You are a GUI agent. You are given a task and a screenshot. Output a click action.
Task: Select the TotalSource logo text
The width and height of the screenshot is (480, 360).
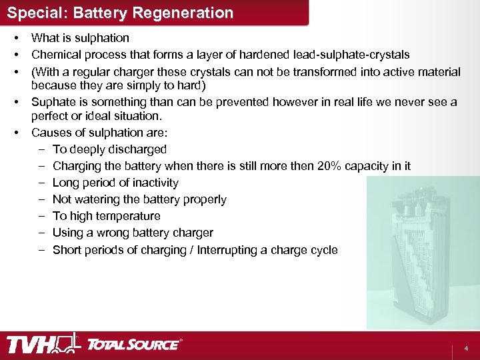click(x=133, y=345)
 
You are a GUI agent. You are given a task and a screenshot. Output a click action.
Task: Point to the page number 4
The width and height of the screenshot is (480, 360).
click(x=466, y=349)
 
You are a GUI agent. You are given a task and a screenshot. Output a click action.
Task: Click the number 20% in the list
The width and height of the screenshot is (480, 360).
click(x=332, y=166)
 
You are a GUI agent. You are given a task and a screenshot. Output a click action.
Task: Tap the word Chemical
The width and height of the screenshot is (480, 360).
click(x=55, y=55)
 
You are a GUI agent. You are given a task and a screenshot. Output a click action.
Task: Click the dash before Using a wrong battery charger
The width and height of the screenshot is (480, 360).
click(x=42, y=233)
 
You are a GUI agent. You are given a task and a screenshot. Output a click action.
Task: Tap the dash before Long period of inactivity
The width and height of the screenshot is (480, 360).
click(x=42, y=183)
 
